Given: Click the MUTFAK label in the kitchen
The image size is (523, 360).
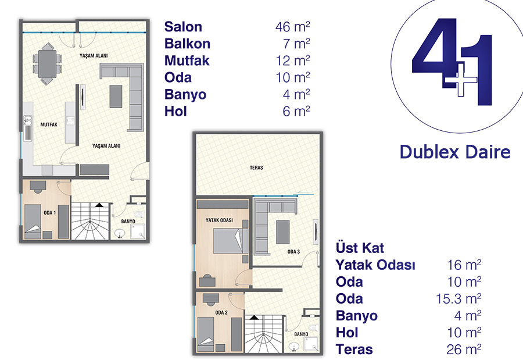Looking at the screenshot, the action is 49,124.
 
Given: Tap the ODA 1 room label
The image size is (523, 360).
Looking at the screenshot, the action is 50,213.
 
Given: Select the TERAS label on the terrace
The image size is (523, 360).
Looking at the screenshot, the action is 256,167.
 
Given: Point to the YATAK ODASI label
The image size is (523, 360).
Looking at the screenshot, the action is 219,220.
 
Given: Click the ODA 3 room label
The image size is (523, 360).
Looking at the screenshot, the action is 293,251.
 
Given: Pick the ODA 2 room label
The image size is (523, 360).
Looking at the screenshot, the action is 221,312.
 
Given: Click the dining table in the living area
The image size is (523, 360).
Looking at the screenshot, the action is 47,63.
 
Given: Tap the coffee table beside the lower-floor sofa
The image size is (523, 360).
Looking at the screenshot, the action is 116,96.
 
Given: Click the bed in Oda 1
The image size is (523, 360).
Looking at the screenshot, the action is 33,221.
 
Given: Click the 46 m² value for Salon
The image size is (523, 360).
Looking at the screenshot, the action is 292,27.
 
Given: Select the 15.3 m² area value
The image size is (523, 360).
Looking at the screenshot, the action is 458,298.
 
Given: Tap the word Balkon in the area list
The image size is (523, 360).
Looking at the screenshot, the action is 187,44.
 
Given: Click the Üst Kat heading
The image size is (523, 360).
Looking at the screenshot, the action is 360,248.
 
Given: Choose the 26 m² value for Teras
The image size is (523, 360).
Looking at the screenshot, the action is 464,350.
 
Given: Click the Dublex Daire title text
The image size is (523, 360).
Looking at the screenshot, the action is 455,152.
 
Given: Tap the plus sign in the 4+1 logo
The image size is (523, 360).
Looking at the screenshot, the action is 461,80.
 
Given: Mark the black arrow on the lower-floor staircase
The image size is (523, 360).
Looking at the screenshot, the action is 99,205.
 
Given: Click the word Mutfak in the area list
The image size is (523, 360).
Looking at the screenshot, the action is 187,61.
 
